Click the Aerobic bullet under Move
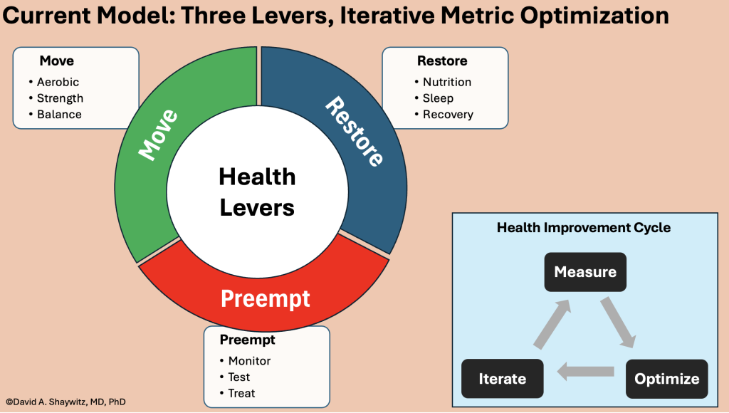click(x=54, y=82)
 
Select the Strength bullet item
click(x=56, y=98)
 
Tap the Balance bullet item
click(x=55, y=115)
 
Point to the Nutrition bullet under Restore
click(x=443, y=82)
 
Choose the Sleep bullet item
click(x=434, y=98)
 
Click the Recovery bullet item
click(x=444, y=115)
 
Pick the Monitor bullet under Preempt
click(x=245, y=361)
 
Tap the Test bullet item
click(x=235, y=377)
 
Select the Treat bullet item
click(x=237, y=394)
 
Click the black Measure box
click(x=585, y=272)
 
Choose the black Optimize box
click(x=666, y=379)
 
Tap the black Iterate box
click(x=503, y=379)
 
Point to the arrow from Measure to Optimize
click(x=618, y=323)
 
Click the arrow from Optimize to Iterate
click(x=585, y=372)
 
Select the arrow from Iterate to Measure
click(x=552, y=324)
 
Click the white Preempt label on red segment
click(x=265, y=298)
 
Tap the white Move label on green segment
click(x=158, y=135)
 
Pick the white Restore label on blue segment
click(x=355, y=131)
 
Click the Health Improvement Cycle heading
click(x=584, y=227)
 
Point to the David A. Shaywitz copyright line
click(x=65, y=402)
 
